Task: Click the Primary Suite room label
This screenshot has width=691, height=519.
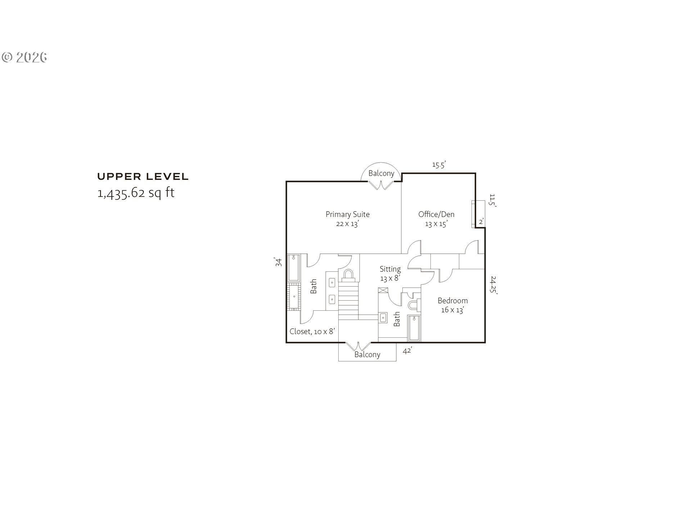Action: pyautogui.click(x=348, y=214)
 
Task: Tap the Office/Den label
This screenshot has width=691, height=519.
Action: pyautogui.click(x=436, y=214)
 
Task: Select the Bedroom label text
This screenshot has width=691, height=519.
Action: pyautogui.click(x=453, y=301)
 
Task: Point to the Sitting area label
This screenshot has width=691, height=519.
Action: pyautogui.click(x=390, y=269)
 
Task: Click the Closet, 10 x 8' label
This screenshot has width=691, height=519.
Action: pyautogui.click(x=312, y=332)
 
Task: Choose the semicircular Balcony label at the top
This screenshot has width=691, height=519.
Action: pyautogui.click(x=381, y=173)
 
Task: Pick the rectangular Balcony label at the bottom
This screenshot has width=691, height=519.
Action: pyautogui.click(x=367, y=355)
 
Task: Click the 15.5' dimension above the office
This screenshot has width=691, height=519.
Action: pyautogui.click(x=439, y=165)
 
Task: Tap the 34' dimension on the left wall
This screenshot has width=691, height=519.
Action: pyautogui.click(x=278, y=262)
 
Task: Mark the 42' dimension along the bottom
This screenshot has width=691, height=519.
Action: pyautogui.click(x=407, y=350)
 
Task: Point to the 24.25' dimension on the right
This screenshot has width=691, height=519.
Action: pyautogui.click(x=493, y=285)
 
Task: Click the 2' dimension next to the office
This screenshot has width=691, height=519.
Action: pyautogui.click(x=482, y=221)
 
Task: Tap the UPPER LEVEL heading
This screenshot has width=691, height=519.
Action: pyautogui.click(x=143, y=177)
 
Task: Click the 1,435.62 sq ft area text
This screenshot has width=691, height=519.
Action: pyautogui.click(x=136, y=193)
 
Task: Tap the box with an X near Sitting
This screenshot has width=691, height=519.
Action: pyautogui.click(x=383, y=291)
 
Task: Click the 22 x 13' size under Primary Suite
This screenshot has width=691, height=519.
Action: pyautogui.click(x=348, y=224)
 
